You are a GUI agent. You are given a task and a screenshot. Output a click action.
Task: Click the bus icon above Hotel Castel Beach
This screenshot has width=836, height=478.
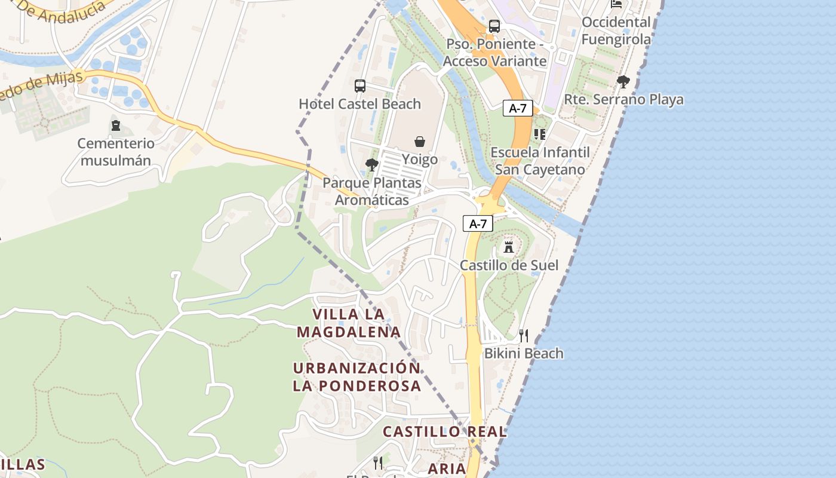359,86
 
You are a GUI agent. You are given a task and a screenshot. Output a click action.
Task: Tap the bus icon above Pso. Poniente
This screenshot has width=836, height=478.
494,26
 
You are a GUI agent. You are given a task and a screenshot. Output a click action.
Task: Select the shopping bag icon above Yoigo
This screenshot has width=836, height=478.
420,142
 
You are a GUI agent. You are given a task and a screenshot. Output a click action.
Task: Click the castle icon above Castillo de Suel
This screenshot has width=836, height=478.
509,247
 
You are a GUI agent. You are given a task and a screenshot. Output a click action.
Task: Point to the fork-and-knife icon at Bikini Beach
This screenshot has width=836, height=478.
523,335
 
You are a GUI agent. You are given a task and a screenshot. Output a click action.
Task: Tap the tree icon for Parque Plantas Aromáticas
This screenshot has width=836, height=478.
372,164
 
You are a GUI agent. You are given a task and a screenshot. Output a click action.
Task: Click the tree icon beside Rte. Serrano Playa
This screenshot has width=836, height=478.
623,82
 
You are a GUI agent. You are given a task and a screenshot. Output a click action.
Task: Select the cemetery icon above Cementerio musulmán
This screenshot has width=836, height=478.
115,126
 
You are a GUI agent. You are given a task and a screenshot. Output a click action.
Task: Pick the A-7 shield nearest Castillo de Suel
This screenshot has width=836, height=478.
478,224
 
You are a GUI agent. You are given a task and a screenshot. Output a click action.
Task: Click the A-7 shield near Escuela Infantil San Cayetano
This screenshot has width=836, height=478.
518,108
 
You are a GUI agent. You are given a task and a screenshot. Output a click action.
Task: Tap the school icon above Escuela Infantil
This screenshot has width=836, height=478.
540,134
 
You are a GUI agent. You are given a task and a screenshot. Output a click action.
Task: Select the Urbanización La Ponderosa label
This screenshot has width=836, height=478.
356,376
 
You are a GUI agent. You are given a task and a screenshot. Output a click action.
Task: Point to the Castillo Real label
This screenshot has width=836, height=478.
444,431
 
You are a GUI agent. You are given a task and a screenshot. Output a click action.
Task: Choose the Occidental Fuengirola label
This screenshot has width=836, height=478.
616,30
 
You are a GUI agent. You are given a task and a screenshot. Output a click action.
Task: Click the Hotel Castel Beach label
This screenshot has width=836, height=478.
359,104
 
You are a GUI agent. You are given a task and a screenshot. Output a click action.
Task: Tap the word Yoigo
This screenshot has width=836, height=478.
419,160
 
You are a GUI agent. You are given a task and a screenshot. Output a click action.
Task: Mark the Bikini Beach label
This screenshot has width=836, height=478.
523,353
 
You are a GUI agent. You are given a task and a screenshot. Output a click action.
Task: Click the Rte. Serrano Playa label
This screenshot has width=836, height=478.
623,99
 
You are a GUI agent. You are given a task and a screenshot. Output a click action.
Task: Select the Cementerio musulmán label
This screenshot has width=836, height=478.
116,152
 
